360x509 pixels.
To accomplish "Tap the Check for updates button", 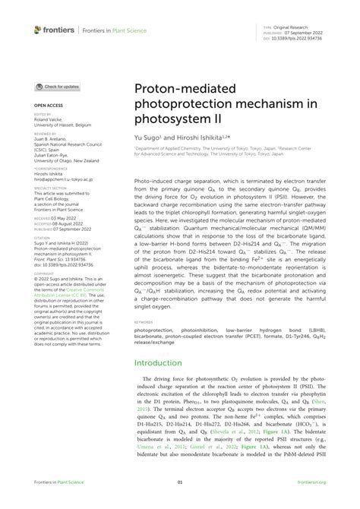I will (x=57, y=87).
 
